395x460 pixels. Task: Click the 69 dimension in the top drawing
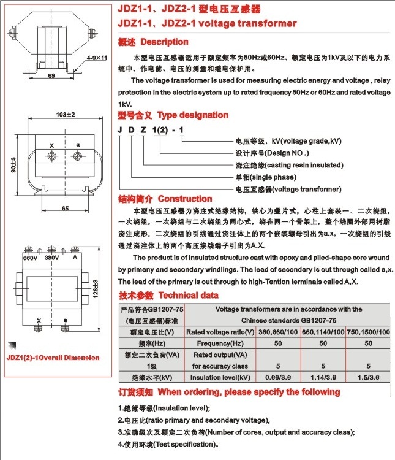click(51, 76)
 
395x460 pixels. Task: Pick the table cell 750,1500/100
click(367, 332)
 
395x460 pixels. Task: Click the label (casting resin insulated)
click(289, 165)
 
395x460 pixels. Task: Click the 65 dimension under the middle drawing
click(64, 208)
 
